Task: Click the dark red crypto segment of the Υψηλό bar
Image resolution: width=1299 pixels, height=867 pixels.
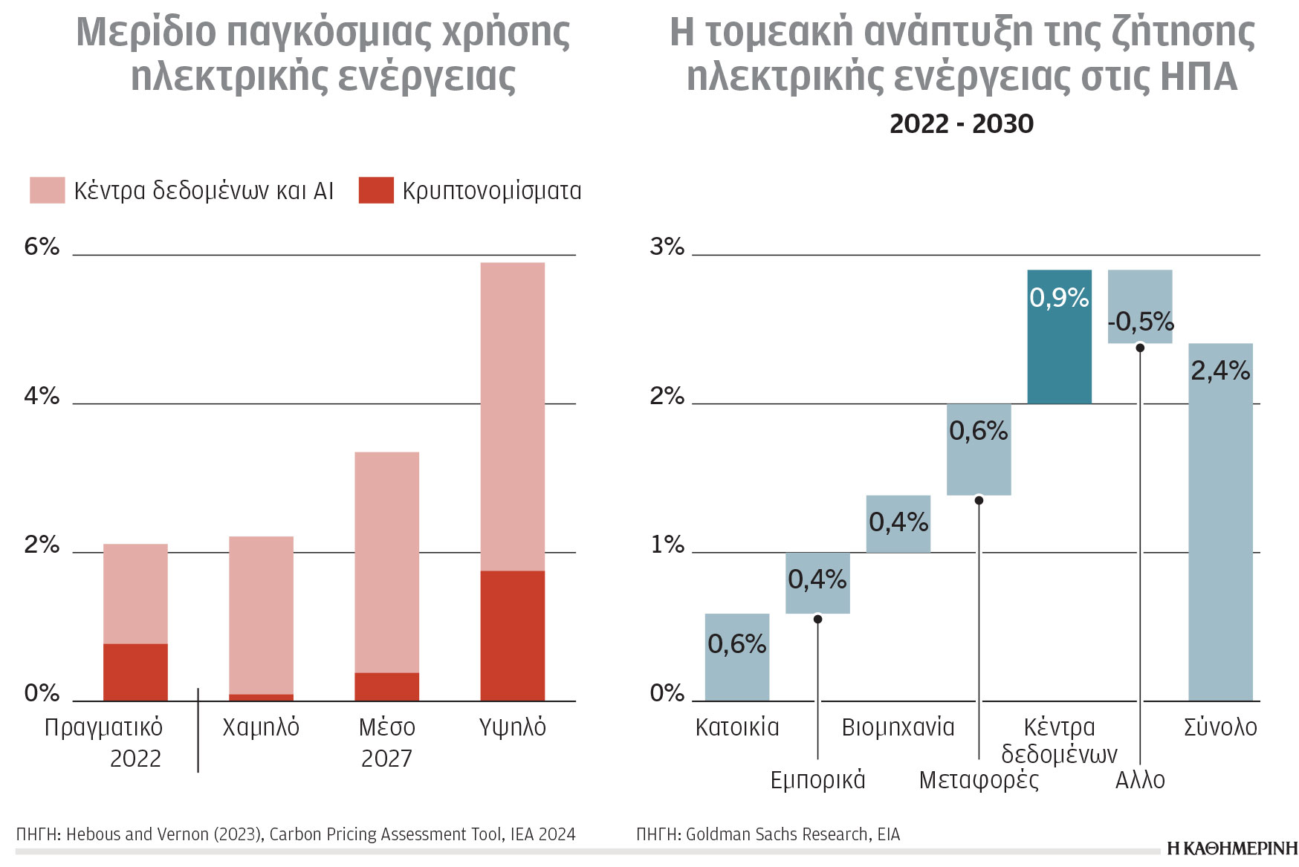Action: pyautogui.click(x=512, y=635)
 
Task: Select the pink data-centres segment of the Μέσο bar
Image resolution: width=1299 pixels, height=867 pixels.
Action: pyautogui.click(x=386, y=562)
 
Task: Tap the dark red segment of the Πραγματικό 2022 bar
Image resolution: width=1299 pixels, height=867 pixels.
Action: pyautogui.click(x=135, y=672)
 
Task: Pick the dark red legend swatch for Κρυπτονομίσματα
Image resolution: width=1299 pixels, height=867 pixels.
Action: pyautogui.click(x=375, y=190)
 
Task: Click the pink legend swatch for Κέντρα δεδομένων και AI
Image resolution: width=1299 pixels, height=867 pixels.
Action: pyautogui.click(x=47, y=190)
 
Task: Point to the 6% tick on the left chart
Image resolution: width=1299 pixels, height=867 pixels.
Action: pyautogui.click(x=42, y=247)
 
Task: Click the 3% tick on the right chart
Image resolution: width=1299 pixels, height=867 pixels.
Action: pyautogui.click(x=667, y=247)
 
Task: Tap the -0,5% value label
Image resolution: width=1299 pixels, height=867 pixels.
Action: pyautogui.click(x=1140, y=322)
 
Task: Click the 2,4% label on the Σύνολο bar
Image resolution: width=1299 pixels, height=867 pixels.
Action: pyautogui.click(x=1220, y=370)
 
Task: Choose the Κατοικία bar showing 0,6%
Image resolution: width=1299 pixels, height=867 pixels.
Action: pyautogui.click(x=736, y=657)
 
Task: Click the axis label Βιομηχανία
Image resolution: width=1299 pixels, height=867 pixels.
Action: pyautogui.click(x=898, y=727)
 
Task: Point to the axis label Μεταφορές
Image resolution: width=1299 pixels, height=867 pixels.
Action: pyautogui.click(x=979, y=779)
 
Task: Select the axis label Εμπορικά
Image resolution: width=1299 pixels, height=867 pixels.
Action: pyautogui.click(x=817, y=779)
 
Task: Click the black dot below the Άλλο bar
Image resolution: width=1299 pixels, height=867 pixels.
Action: pyautogui.click(x=1140, y=348)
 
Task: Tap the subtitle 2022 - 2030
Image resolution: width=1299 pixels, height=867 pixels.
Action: pyautogui.click(x=961, y=123)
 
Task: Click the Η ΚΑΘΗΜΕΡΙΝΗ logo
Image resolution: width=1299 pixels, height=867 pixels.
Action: pyautogui.click(x=1231, y=848)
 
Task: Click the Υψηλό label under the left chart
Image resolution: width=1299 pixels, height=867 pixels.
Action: pyautogui.click(x=512, y=727)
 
